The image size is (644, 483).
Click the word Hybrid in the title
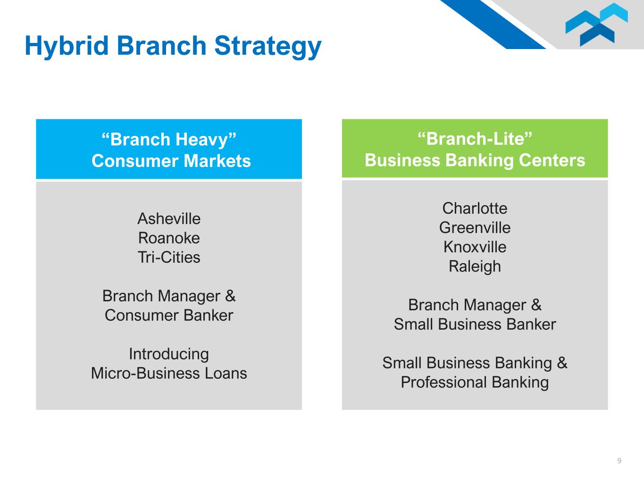(67, 46)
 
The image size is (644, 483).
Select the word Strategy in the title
(268, 46)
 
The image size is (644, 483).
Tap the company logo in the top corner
(596, 24)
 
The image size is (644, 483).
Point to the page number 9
(619, 460)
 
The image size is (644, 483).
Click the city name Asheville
(169, 219)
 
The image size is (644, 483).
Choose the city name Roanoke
(169, 238)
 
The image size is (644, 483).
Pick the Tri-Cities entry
(169, 257)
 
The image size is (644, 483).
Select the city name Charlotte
(475, 208)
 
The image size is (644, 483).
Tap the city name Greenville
(475, 228)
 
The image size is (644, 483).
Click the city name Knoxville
(475, 247)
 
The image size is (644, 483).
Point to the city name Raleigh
(475, 267)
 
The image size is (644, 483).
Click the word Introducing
(169, 354)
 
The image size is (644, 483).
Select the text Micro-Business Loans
(169, 373)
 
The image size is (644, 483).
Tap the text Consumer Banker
(169, 316)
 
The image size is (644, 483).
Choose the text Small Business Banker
(475, 325)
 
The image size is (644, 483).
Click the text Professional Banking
(475, 383)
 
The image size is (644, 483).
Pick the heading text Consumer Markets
(171, 161)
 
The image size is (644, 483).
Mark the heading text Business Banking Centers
(475, 160)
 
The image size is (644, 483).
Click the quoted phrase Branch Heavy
(169, 139)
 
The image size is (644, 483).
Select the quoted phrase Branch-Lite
(475, 138)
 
